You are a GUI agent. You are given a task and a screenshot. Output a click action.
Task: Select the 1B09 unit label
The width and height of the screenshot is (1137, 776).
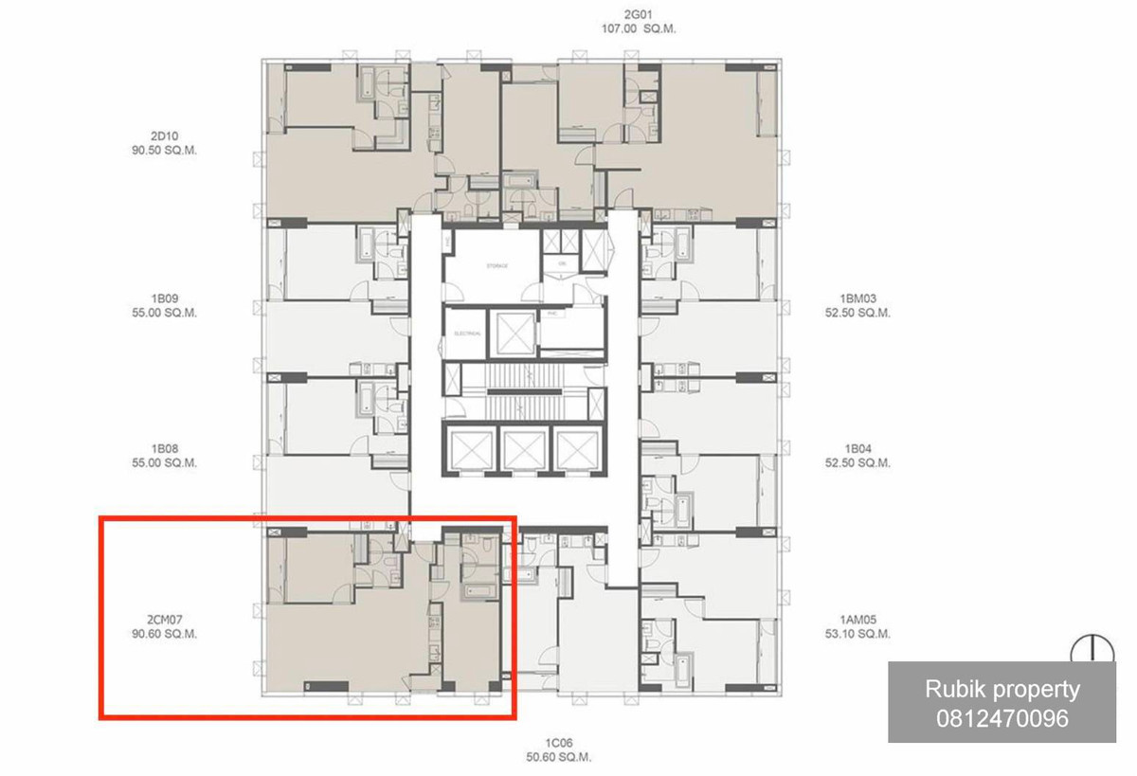(x=166, y=297)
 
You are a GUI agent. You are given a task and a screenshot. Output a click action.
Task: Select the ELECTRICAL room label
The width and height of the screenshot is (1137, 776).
(x=468, y=334)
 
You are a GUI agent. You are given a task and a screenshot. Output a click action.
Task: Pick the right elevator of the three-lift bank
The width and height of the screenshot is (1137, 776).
(x=579, y=450)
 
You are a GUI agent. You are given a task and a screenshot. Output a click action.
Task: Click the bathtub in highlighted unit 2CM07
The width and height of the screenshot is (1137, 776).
(x=480, y=591)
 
